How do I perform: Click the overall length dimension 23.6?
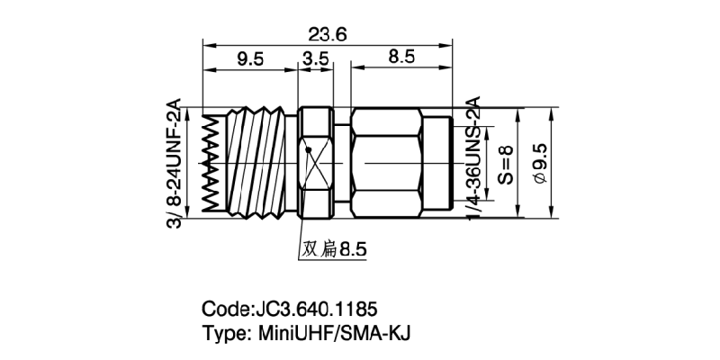coord(326,33)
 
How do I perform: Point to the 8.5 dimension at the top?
coord(400,58)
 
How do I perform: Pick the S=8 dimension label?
coord(505,165)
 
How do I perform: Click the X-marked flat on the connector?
coord(316,165)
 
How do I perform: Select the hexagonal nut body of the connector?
coord(387,164)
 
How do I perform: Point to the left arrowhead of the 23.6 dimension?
coord(208,43)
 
